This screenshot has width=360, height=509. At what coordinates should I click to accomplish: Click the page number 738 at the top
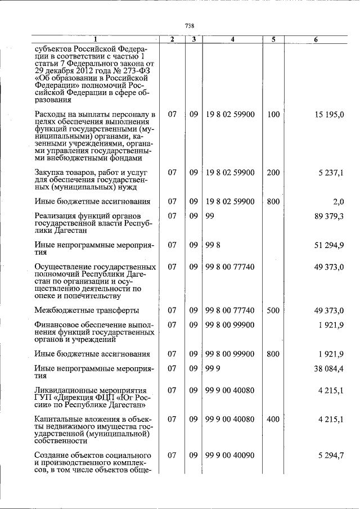(190, 26)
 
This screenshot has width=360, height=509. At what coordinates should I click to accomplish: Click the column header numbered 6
(316, 39)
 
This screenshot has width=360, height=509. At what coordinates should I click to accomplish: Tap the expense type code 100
(273, 115)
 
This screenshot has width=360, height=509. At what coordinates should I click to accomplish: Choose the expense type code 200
(273, 173)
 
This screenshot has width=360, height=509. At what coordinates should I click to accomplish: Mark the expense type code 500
(273, 310)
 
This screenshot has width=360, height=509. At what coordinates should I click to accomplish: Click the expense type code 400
(273, 419)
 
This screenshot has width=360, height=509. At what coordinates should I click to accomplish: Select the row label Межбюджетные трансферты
(87, 310)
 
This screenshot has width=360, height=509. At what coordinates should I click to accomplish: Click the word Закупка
(51, 173)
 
